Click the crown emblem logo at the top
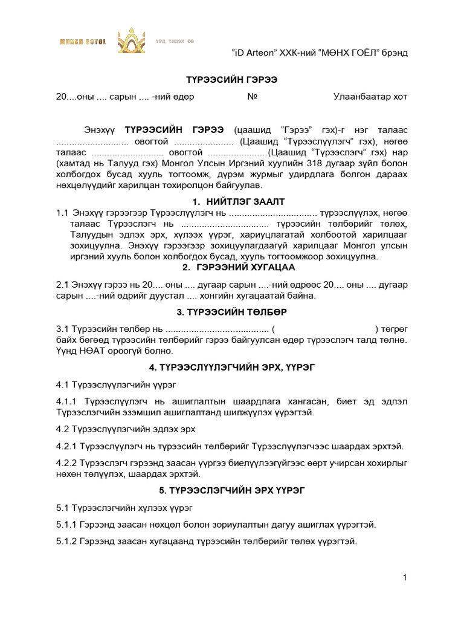tap(132, 41)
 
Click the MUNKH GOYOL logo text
tap(82, 42)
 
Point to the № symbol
tap(253, 97)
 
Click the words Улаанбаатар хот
tap(370, 97)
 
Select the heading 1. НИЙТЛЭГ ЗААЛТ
tap(231, 201)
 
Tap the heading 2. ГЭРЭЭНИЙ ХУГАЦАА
tap(231, 268)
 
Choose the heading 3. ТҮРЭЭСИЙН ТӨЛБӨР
tap(231, 312)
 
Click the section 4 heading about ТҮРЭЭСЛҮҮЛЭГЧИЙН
tap(231, 367)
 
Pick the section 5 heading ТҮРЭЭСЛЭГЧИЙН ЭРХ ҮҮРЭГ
tap(231, 490)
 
